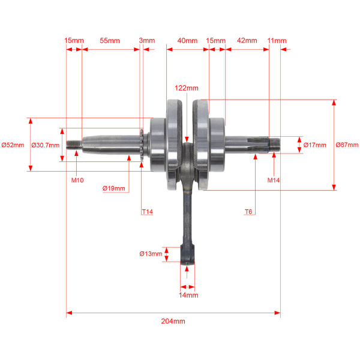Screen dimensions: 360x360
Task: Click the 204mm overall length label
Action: coord(173,321)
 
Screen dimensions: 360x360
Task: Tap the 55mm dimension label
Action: coord(110,41)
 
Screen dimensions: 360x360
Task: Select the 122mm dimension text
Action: coord(187,88)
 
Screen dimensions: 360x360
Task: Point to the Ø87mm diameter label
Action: coord(347,145)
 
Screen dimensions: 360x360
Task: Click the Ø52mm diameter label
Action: coord(13,145)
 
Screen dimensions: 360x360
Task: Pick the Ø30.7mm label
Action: coord(45,145)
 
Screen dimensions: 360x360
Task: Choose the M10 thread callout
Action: coord(77,180)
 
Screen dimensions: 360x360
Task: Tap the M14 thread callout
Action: coord(274,180)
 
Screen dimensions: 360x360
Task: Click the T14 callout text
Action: coord(148,212)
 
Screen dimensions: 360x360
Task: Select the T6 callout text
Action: coord(248,212)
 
